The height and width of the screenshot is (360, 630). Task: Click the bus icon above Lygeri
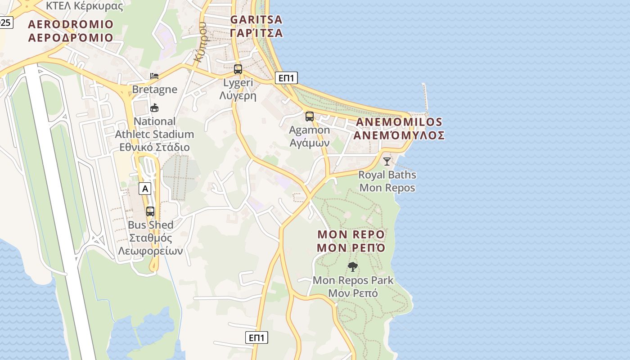pyautogui.click(x=238, y=69)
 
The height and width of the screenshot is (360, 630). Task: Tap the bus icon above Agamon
pyautogui.click(x=310, y=117)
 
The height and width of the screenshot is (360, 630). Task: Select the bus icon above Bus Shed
pyautogui.click(x=150, y=211)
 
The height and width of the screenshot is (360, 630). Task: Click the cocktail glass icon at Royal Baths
pyautogui.click(x=387, y=161)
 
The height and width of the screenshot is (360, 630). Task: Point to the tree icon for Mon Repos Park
pyautogui.click(x=353, y=267)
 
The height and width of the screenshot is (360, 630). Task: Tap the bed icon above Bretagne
pyautogui.click(x=154, y=76)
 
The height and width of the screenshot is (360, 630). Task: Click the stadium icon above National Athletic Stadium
pyautogui.click(x=154, y=108)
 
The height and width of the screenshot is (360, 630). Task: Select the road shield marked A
pyautogui.click(x=145, y=189)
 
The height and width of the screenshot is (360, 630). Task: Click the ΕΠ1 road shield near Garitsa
pyautogui.click(x=286, y=78)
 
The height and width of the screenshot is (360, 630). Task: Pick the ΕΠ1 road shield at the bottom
pyautogui.click(x=256, y=337)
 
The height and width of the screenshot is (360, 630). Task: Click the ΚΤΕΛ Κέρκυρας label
pyautogui.click(x=85, y=6)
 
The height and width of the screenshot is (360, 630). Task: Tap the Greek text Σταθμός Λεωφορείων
pyautogui.click(x=150, y=244)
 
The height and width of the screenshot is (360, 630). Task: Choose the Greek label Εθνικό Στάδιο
pyautogui.click(x=154, y=147)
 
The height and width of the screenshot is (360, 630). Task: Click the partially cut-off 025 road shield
pyautogui.click(x=6, y=22)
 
